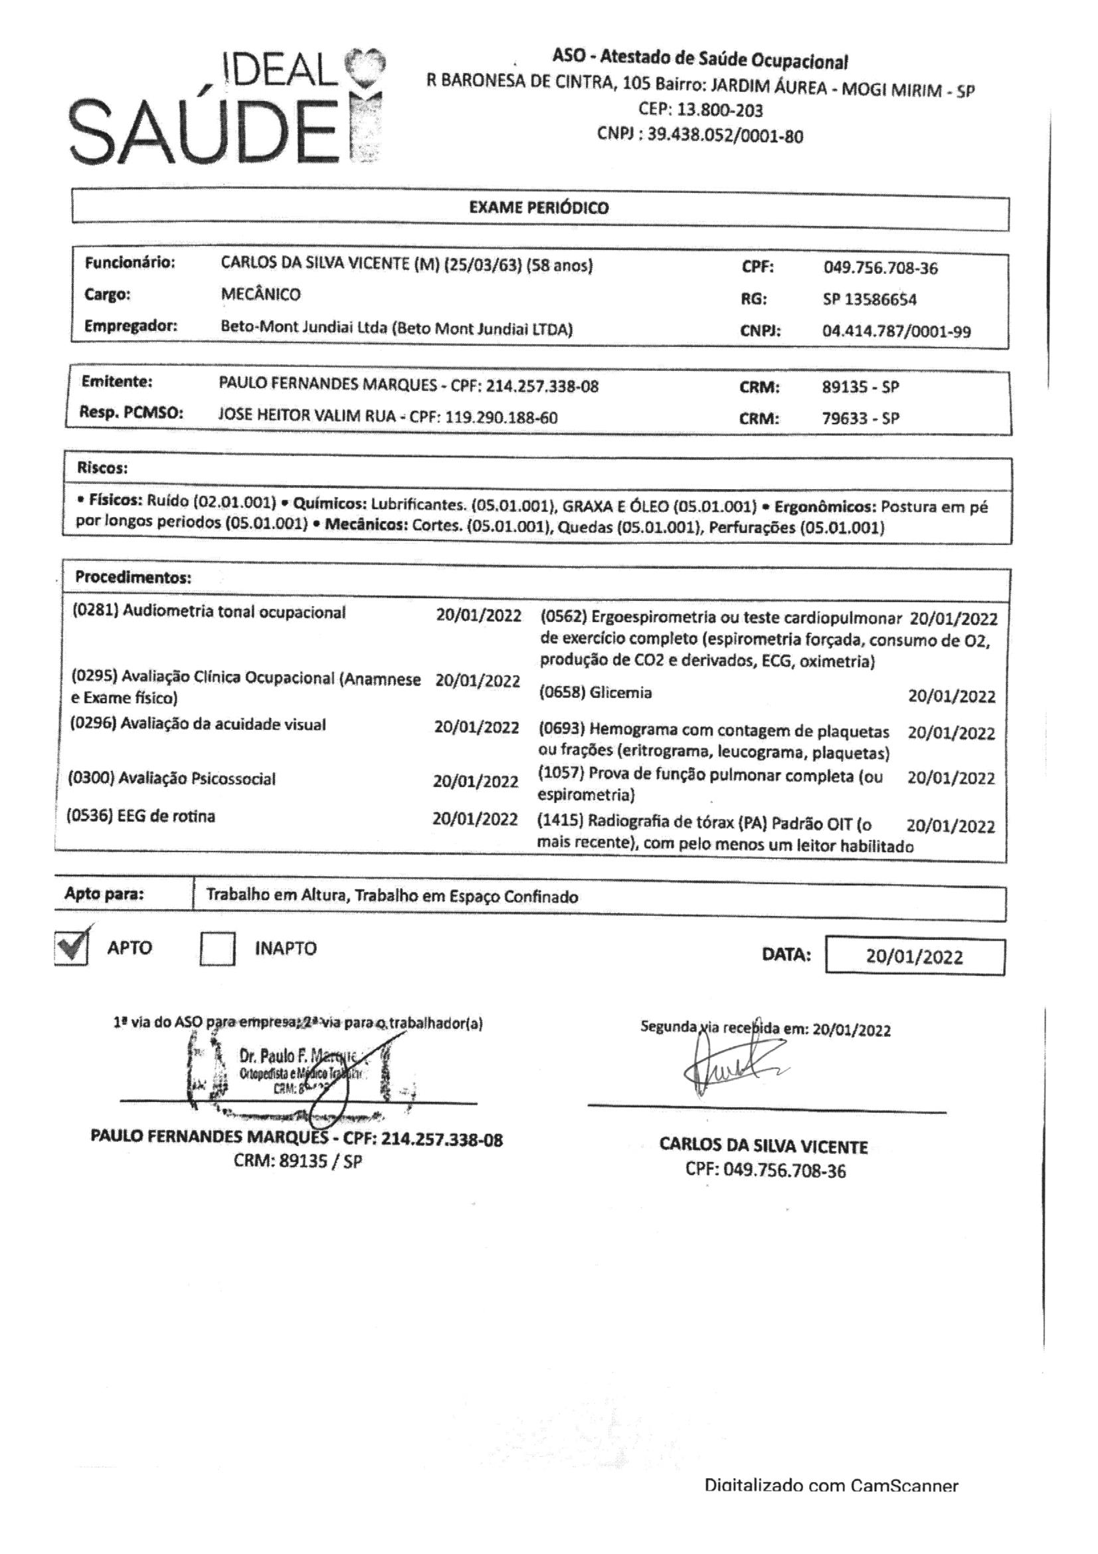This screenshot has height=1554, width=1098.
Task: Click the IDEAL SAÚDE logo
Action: click(227, 108)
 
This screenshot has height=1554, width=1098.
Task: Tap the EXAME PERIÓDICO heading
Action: click(539, 208)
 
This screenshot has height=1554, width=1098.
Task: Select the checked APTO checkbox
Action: click(71, 948)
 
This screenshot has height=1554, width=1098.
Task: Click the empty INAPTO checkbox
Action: click(217, 949)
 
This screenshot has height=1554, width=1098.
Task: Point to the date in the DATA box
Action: click(914, 956)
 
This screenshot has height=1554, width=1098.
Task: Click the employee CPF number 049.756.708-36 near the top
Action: click(880, 268)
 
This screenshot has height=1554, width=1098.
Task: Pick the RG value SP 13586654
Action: click(869, 299)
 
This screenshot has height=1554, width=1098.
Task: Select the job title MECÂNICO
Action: click(260, 294)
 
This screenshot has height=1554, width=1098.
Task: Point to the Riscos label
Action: click(102, 468)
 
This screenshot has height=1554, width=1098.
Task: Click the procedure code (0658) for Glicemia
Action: click(562, 693)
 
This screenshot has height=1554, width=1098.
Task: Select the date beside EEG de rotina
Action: click(475, 819)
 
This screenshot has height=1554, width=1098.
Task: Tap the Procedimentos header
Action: click(134, 578)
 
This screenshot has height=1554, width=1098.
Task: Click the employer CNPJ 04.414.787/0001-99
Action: click(896, 332)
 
